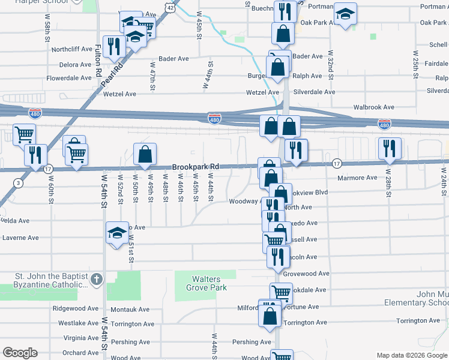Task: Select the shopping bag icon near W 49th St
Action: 145,155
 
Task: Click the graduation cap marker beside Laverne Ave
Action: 116,233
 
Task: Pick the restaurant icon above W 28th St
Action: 390,149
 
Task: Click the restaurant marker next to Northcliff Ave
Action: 112,46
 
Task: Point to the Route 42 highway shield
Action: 172,8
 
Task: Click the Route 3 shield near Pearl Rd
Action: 19,182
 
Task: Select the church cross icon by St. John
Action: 97,279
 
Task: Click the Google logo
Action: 20,353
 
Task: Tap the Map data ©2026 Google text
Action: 411,355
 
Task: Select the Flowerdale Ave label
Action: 68,78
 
